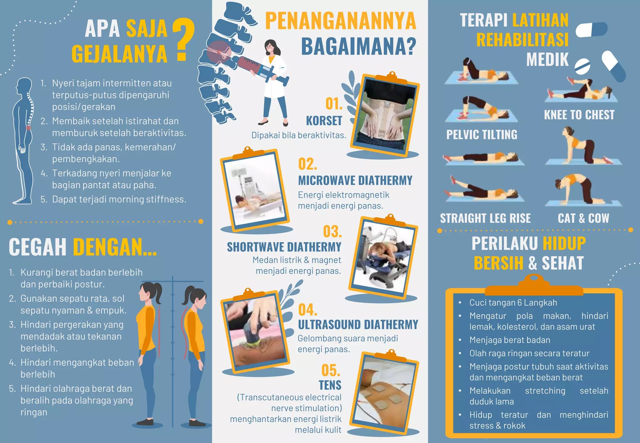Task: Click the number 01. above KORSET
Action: point(334,104)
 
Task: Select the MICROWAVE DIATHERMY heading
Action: point(355,181)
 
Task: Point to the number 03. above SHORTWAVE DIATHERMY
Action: point(332,231)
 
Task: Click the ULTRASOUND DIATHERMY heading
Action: point(358,325)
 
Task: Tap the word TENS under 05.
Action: point(330,385)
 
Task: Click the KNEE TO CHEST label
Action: point(579,115)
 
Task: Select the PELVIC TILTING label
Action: point(482,135)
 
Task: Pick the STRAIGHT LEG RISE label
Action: point(485,218)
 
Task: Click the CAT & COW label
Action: point(583,218)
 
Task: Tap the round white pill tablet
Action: point(582,66)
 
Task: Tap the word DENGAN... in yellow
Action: point(114,247)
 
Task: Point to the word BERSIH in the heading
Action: point(498,263)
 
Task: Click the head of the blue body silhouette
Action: point(24,85)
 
